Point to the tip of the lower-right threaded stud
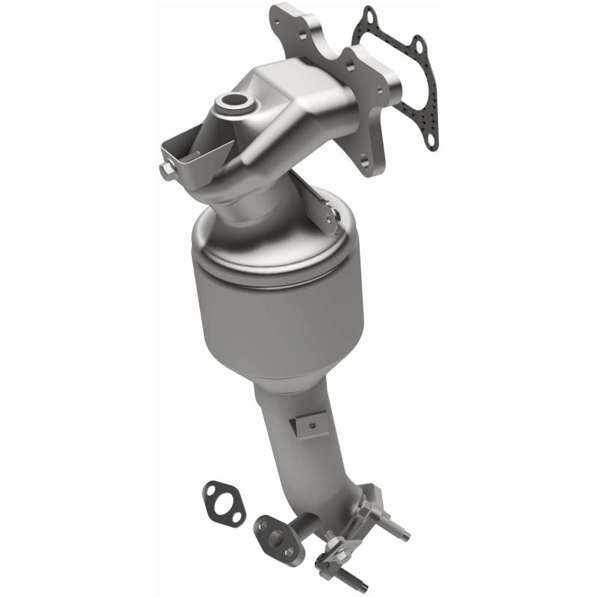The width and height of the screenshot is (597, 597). [x=407, y=534]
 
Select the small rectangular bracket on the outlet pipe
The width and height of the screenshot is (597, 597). [x=306, y=424]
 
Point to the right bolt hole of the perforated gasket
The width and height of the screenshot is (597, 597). [x=419, y=48]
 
